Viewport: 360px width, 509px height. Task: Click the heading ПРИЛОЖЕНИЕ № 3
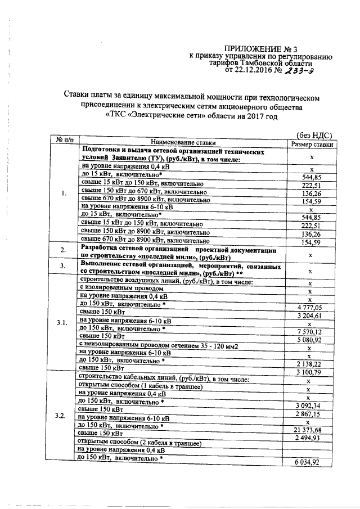pyautogui.click(x=255, y=49)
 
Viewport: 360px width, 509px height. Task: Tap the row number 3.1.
pyautogui.click(x=62, y=323)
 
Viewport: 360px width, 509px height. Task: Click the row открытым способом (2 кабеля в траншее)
pyautogui.click(x=139, y=443)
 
